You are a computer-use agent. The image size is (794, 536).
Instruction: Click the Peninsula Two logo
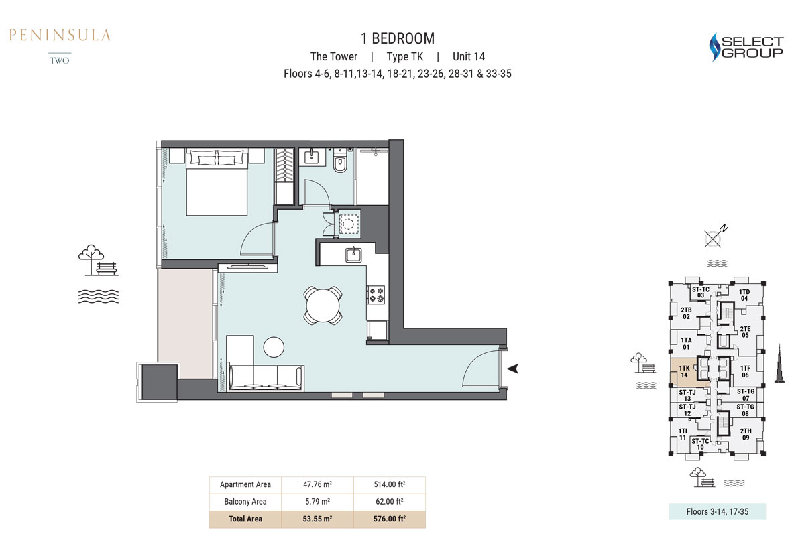60,46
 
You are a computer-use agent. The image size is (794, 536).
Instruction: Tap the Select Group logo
746,47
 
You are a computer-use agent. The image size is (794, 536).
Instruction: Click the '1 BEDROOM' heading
398,38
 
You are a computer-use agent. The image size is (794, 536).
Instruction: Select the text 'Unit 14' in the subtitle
468,57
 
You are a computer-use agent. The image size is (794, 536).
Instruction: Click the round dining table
323,306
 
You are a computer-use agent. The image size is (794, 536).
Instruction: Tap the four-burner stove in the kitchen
376,295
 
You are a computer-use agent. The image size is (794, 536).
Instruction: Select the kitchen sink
353,255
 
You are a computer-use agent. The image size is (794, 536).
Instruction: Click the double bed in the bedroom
217,182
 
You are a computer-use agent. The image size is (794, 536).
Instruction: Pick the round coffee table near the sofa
274,347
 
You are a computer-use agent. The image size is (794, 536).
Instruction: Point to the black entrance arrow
512,368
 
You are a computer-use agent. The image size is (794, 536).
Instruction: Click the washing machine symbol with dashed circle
349,223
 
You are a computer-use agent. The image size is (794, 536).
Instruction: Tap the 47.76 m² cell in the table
317,484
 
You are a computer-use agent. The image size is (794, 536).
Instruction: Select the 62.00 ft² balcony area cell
390,502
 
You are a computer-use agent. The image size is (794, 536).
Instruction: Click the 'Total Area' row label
245,519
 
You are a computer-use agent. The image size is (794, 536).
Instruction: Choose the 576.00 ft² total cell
390,519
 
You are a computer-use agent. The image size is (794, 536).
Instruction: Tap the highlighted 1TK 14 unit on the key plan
683,372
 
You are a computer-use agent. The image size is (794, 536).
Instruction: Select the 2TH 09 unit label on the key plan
746,434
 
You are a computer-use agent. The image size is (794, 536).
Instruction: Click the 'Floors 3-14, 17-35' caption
717,511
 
